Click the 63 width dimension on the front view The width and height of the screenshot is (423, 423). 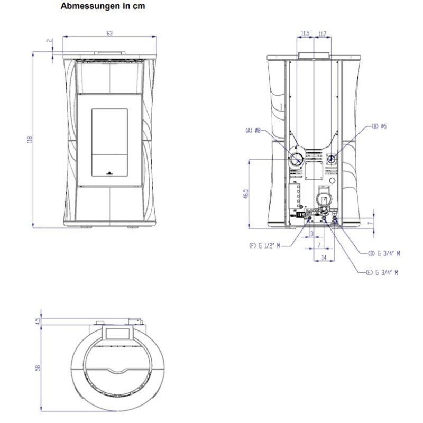109,33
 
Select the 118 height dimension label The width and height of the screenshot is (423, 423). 31,140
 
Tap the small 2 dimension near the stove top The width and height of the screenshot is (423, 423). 48,40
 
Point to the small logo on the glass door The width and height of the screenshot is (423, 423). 109,172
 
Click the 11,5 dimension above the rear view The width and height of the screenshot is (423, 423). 305,34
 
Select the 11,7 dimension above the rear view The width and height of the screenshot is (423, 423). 322,34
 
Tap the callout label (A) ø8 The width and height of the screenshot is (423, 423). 253,130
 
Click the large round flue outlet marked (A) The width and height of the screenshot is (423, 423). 296,159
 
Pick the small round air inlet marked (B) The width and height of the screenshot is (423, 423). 332,158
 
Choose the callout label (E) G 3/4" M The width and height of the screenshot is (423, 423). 381,272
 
